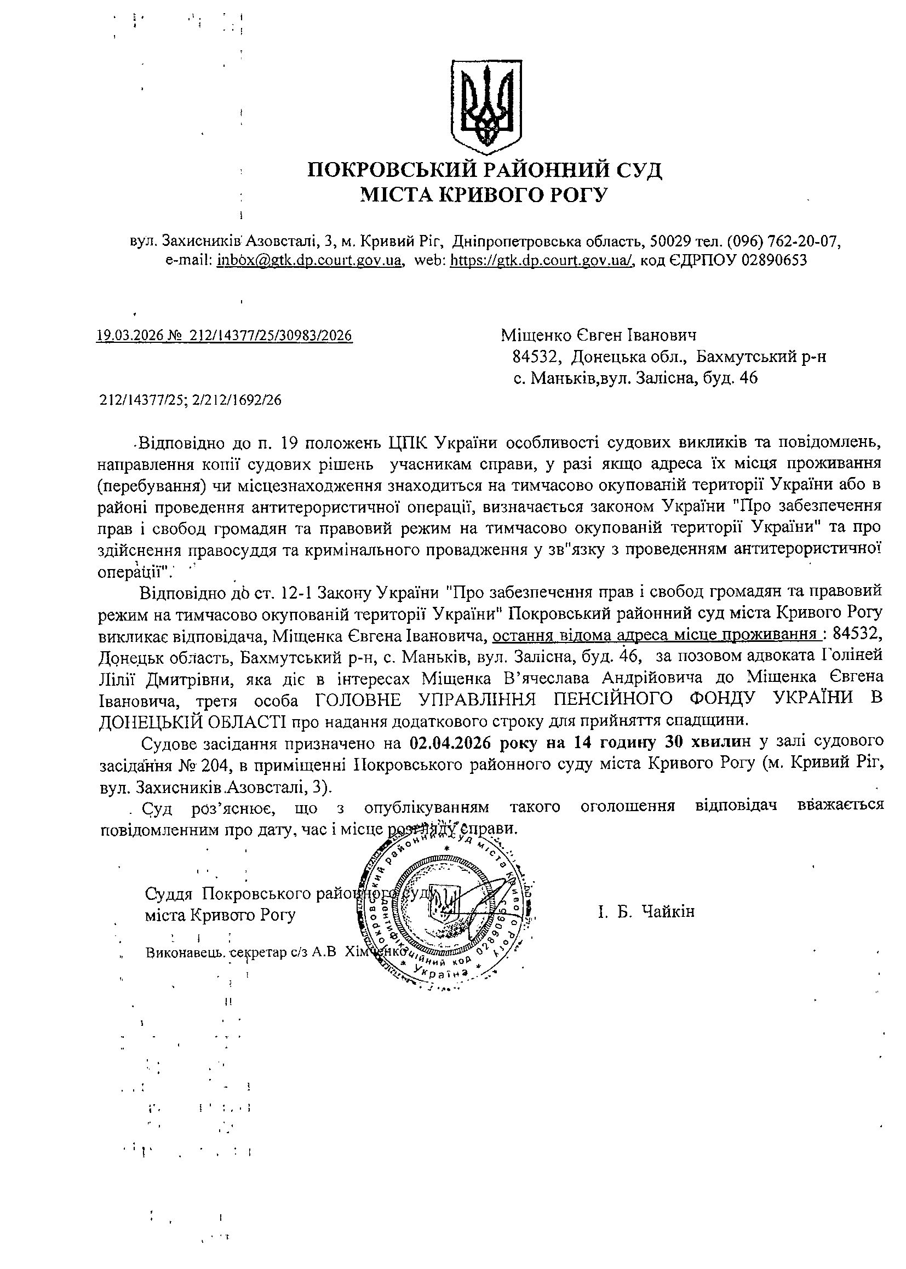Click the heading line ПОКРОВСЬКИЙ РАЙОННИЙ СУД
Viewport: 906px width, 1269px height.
(x=485, y=169)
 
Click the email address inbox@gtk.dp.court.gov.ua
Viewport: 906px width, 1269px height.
(x=310, y=260)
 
